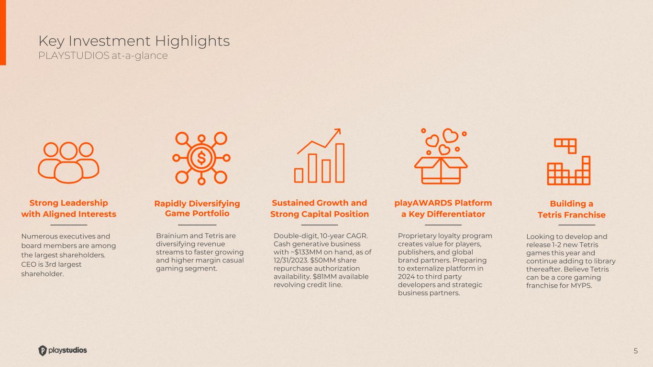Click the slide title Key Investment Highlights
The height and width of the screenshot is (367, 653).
pos(134,41)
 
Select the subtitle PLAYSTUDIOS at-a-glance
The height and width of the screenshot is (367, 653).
pos(103,55)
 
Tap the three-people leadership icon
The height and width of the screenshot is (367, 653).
pos(68,162)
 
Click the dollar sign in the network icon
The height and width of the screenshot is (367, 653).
pos(201,158)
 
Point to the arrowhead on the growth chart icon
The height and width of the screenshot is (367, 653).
pos(338,131)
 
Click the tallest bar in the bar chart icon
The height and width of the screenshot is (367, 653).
pos(340,163)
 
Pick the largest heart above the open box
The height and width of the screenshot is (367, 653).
pos(450,135)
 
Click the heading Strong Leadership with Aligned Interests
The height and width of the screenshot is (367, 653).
pos(69,208)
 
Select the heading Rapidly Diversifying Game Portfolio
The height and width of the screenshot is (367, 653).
pos(197,208)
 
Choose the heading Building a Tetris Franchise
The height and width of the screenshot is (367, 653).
pos(571,209)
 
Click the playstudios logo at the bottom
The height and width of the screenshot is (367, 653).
pos(63,350)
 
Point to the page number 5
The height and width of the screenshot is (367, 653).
pos(635,351)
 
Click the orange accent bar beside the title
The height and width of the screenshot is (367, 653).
pos(3,32)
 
